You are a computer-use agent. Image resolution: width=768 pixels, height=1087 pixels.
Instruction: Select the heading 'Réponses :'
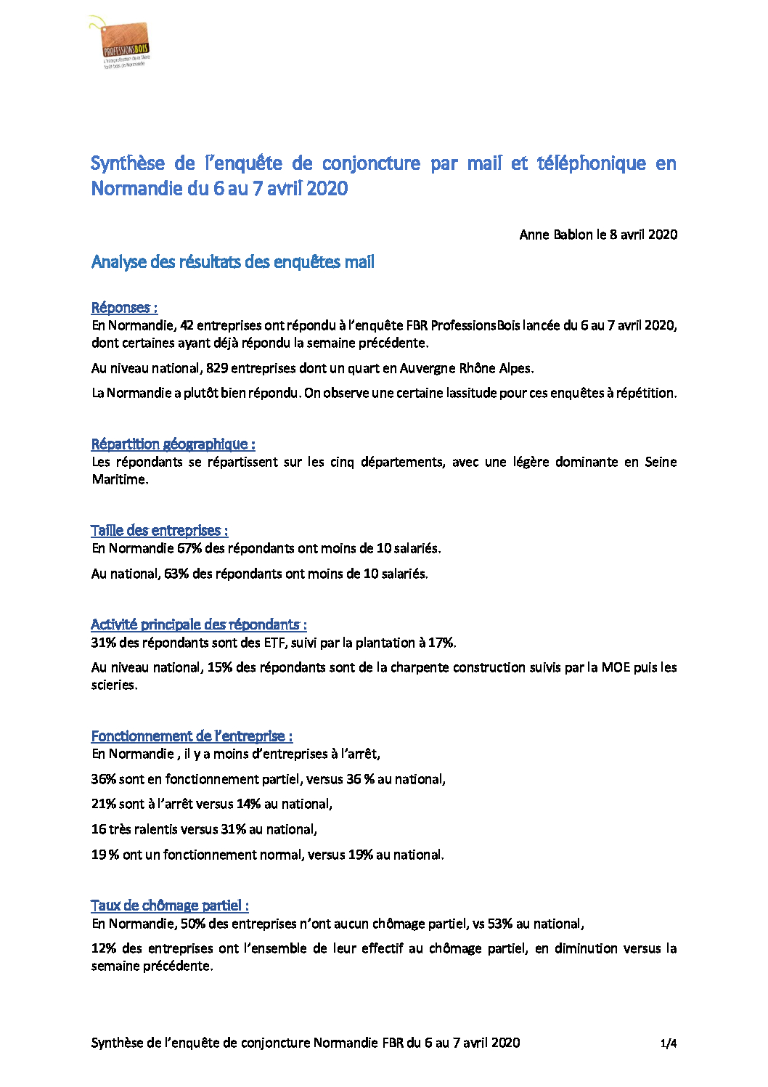pyautogui.click(x=124, y=308)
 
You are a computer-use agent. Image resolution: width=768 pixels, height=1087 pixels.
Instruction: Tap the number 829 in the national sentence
pyautogui.click(x=217, y=368)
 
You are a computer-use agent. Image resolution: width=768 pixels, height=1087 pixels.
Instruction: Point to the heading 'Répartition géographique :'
pyautogui.click(x=173, y=444)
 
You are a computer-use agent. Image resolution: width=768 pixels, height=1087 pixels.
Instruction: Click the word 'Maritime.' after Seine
pyautogui.click(x=120, y=480)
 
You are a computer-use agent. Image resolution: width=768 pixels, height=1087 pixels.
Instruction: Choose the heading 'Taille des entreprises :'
pyautogui.click(x=159, y=531)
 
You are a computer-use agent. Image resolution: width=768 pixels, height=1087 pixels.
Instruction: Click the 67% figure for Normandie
pyautogui.click(x=189, y=548)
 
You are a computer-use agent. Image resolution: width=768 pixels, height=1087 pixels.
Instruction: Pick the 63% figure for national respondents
pyautogui.click(x=176, y=574)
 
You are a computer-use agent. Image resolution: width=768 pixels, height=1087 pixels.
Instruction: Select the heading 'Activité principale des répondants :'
pyautogui.click(x=198, y=624)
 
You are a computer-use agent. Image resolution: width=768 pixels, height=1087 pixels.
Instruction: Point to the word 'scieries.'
pyautogui.click(x=114, y=685)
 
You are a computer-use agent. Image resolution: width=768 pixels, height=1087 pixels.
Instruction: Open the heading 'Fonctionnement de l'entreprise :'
pyautogui.click(x=192, y=736)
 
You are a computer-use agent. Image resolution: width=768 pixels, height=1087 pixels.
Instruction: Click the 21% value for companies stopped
pyautogui.click(x=103, y=804)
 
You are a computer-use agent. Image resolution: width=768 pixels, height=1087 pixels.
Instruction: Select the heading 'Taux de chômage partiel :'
pyautogui.click(x=169, y=905)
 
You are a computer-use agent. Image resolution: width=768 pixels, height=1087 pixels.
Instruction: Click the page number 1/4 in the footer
pyautogui.click(x=669, y=1043)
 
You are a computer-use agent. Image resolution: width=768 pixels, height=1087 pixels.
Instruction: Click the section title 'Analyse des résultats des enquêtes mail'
pyautogui.click(x=232, y=262)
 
